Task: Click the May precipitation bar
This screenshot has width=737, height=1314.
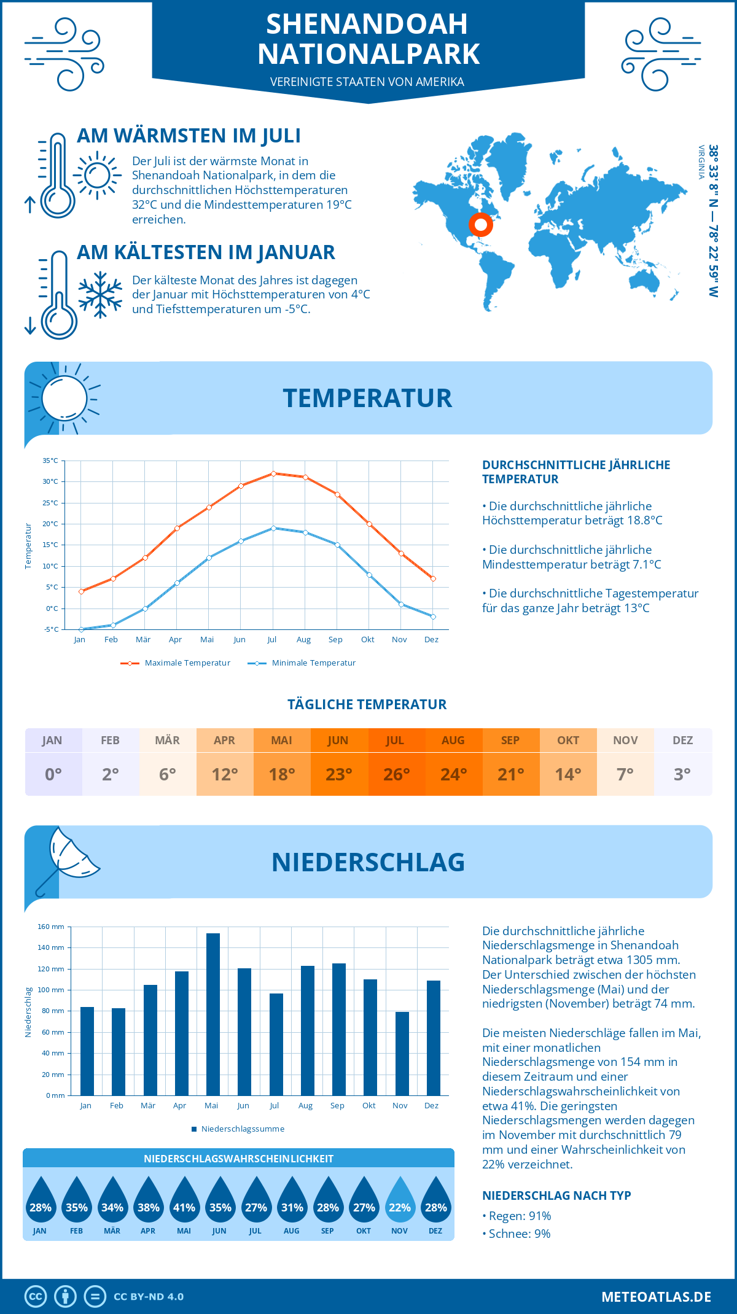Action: (x=213, y=1014)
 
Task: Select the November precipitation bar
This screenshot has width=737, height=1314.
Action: (x=402, y=1054)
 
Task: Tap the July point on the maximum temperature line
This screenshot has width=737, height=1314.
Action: (x=273, y=473)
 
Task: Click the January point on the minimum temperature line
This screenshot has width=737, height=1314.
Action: (x=81, y=629)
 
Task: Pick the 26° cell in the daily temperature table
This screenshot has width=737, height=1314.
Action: (x=396, y=774)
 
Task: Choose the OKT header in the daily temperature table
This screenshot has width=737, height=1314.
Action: (x=568, y=740)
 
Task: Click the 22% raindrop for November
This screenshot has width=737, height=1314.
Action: (x=399, y=1200)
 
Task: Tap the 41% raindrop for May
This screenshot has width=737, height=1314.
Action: (x=184, y=1200)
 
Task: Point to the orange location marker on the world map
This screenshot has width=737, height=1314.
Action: (x=481, y=225)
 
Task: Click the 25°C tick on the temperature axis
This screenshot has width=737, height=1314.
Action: (x=50, y=503)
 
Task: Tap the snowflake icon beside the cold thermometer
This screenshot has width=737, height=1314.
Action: (x=100, y=294)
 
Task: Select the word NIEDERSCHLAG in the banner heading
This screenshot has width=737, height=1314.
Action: (x=368, y=862)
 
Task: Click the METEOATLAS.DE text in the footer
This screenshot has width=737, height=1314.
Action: (x=656, y=1297)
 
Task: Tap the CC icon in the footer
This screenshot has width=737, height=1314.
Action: (x=36, y=1296)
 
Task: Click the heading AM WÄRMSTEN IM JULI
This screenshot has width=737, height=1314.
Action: (x=189, y=136)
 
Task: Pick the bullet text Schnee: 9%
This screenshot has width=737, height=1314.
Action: (x=519, y=1234)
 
